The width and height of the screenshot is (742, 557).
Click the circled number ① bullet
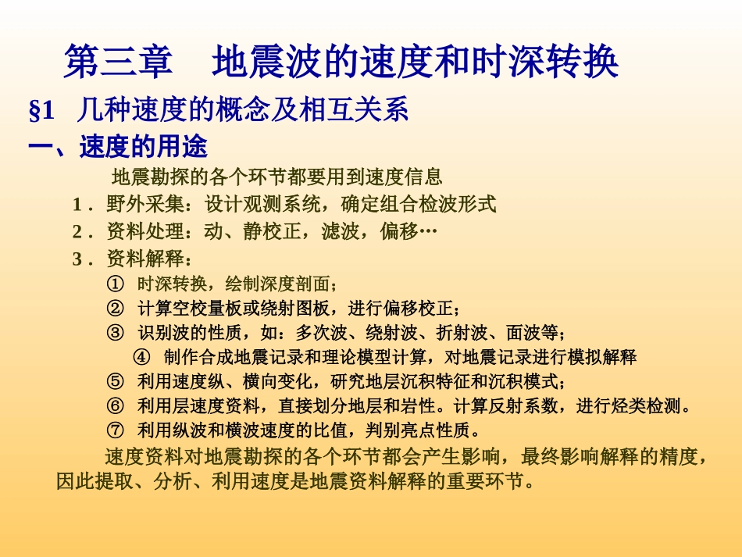(x=115, y=284)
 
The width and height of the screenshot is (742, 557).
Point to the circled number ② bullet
(x=115, y=308)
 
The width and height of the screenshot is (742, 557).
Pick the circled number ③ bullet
(x=115, y=333)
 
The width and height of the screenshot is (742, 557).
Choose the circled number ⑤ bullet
(x=115, y=382)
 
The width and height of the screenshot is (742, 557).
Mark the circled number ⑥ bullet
(x=115, y=406)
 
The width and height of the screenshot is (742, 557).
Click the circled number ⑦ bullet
(x=115, y=430)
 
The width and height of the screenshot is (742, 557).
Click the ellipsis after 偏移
(x=428, y=232)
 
